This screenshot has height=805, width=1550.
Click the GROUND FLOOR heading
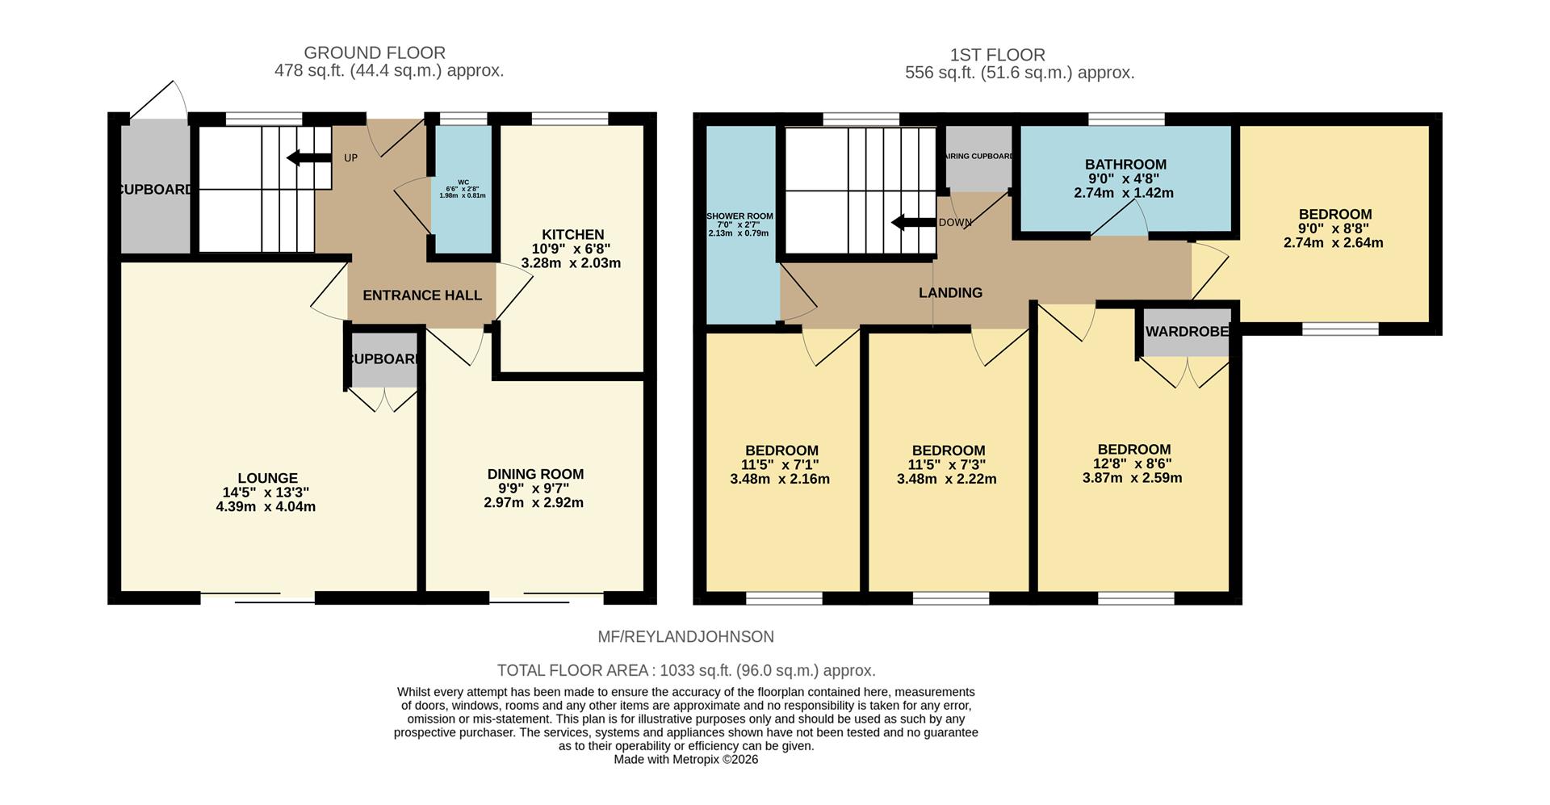[x=374, y=53]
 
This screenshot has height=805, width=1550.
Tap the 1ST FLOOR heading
[x=997, y=55]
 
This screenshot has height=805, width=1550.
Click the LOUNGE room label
[x=267, y=478]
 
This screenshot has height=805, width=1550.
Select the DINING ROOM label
[x=534, y=474]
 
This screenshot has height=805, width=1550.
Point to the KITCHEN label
[x=572, y=235]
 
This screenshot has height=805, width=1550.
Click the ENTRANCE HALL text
[x=421, y=296]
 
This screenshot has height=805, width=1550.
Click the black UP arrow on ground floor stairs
[x=308, y=157]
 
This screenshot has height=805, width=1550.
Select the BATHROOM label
[x=1125, y=165]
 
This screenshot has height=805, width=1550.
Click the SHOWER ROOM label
[x=739, y=216]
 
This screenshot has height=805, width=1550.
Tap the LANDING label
[x=950, y=293]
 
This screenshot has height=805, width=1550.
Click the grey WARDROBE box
[x=1186, y=332]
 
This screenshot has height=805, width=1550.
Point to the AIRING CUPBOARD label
[x=978, y=157]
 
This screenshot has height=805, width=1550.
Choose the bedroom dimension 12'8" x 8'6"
[x=1133, y=463]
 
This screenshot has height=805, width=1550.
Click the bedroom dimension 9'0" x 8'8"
[x=1334, y=229]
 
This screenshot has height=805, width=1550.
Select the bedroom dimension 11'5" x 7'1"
[x=780, y=465]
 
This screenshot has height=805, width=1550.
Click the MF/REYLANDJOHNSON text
[x=685, y=637]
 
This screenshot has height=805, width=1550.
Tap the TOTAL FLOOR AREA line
[x=685, y=671]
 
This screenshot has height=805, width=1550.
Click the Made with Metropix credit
[x=685, y=760]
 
